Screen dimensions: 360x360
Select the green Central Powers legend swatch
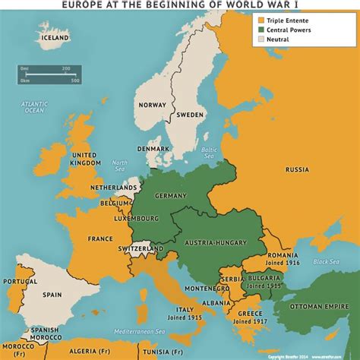261,30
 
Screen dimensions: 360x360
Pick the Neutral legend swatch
261,41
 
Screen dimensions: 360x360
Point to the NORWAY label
150,106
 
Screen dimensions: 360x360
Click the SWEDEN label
190,115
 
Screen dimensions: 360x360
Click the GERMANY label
170,195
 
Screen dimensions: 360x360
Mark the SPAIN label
52,294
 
